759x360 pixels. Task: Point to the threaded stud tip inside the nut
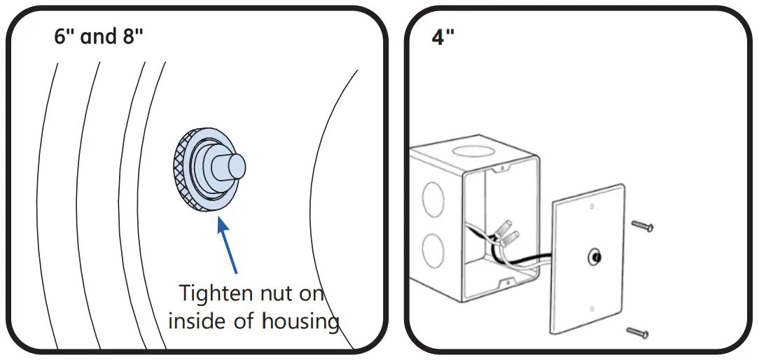tap(235, 166)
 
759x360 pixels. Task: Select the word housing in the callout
tap(300, 321)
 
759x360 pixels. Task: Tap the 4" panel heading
tap(443, 37)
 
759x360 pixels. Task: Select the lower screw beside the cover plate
tap(637, 333)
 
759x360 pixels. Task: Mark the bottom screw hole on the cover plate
tap(592, 307)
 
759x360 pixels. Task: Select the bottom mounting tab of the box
tap(503, 284)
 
